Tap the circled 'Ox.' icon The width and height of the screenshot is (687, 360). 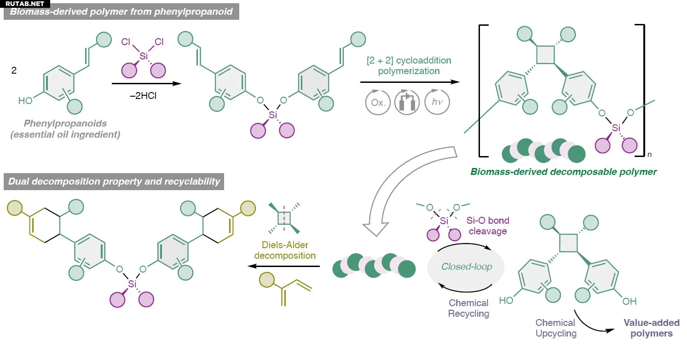pos(378,102)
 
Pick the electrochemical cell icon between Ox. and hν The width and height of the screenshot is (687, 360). pos(407,102)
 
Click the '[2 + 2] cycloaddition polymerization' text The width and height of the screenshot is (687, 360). pos(409,66)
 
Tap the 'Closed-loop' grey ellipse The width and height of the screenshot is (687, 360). pos(467,267)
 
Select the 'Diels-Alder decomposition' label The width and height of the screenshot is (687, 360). pos(285,250)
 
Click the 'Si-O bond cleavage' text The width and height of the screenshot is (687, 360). pos(488,226)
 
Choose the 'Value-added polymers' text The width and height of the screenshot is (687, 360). pos(651,328)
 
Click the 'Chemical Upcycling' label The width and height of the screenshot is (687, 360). pos(555,328)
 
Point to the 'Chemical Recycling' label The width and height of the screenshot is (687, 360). pos(468,308)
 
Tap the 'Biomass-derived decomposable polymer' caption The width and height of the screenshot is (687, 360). pos(563,172)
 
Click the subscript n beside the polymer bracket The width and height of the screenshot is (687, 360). pos(649,155)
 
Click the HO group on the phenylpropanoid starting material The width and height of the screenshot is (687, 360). pos(25,100)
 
